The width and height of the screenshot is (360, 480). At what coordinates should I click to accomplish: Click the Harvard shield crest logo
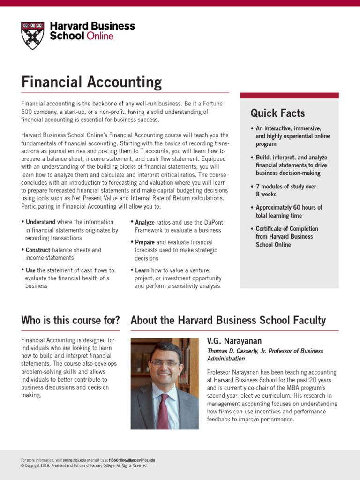[33, 35]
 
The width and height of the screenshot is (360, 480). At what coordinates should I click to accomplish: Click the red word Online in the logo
[100, 36]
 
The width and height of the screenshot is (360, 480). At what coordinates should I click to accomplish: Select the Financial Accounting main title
[91, 82]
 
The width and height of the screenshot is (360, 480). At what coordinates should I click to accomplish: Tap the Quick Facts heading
[277, 113]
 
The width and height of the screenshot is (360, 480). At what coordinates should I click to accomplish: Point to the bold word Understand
[41, 222]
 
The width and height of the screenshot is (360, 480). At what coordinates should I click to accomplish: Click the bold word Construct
[38, 250]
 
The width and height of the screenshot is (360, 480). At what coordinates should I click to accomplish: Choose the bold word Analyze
[145, 222]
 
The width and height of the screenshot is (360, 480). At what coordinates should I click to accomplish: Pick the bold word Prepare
[145, 242]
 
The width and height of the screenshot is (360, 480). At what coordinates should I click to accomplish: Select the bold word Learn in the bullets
[142, 270]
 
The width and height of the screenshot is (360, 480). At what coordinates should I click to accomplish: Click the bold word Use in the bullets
[30, 270]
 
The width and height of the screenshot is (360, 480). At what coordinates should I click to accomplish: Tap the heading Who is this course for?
[70, 321]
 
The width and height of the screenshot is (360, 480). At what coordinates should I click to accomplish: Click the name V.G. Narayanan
[234, 341]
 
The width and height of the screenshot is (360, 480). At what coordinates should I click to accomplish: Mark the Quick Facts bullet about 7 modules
[286, 190]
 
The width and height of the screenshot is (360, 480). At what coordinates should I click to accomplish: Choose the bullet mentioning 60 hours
[289, 211]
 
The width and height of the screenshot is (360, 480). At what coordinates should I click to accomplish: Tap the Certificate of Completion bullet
[287, 237]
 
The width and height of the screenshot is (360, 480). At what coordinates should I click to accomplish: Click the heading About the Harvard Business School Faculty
[228, 321]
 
